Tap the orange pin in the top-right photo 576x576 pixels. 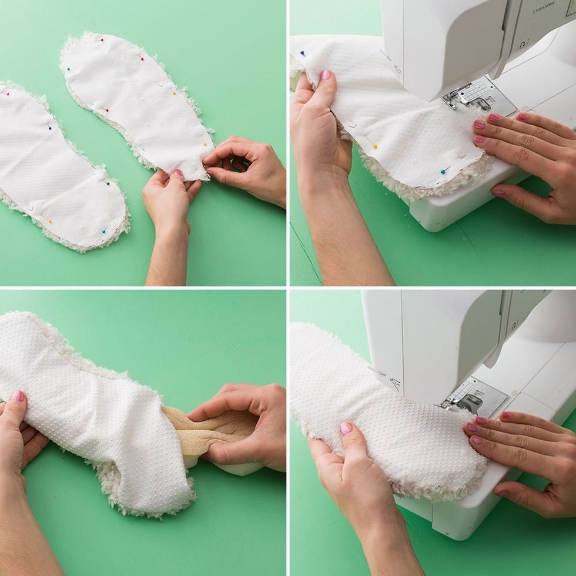pyautogui.click(x=374, y=146)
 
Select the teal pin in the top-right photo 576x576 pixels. pyautogui.click(x=443, y=170)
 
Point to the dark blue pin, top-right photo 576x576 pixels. pyautogui.click(x=303, y=53)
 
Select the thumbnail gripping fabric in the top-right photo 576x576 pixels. pyautogui.click(x=325, y=75)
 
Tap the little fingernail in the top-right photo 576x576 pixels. pyautogui.click(x=498, y=192)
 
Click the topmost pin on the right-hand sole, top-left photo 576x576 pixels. pyautogui.click(x=101, y=40)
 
